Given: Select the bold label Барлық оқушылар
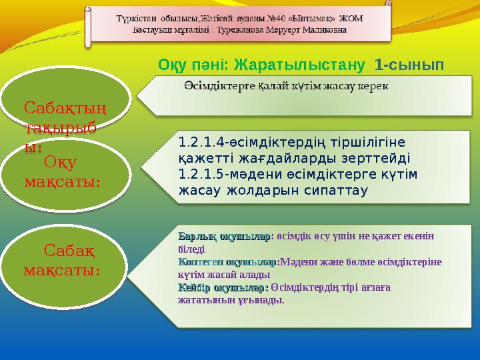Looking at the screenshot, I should click(224, 237).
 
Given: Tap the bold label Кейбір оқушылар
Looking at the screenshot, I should click(221, 287).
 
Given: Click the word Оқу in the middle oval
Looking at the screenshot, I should click(60, 161).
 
